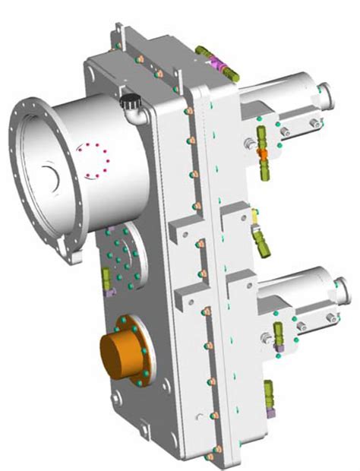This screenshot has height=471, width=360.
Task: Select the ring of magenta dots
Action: click(95, 161)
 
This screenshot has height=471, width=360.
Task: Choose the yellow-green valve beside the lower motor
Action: click(277, 333)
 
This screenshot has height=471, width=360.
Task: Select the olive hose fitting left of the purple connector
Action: click(203, 52)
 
